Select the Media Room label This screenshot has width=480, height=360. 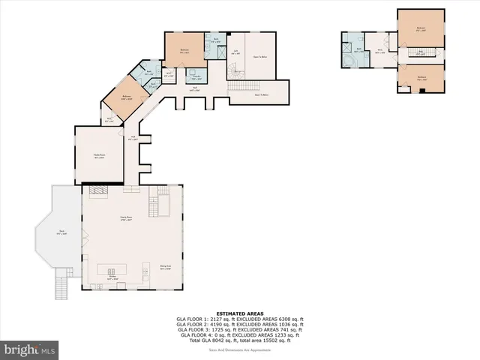click(x=98, y=155)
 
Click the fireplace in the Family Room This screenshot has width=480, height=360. click(x=98, y=192)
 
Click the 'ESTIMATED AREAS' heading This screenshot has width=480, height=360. click(x=239, y=313)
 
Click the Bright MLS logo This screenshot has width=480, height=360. click(x=30, y=349)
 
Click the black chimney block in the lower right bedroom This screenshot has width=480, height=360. click(x=424, y=90)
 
